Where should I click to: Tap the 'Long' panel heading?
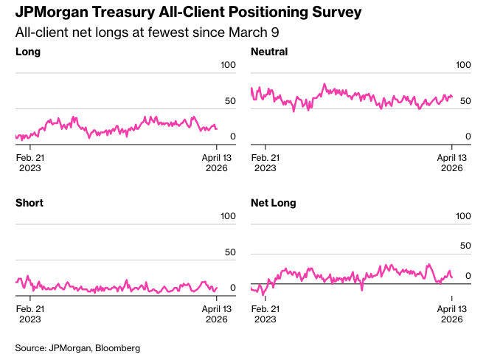point(28,52)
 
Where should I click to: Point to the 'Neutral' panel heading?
point(269,52)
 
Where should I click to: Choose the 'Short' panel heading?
point(29,202)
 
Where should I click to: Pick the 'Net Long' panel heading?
point(274,202)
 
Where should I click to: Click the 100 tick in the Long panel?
point(229,66)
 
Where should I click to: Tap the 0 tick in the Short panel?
point(232,288)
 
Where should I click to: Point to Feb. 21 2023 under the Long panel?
point(29,162)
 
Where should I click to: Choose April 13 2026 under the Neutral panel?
point(451,162)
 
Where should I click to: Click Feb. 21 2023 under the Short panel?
point(29,314)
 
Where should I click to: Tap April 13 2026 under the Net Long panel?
point(451,314)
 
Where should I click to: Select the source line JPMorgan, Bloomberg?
point(77,347)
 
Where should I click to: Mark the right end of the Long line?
point(216,129)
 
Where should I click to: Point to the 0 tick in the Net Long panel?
point(468,276)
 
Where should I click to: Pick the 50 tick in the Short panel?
point(230,252)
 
